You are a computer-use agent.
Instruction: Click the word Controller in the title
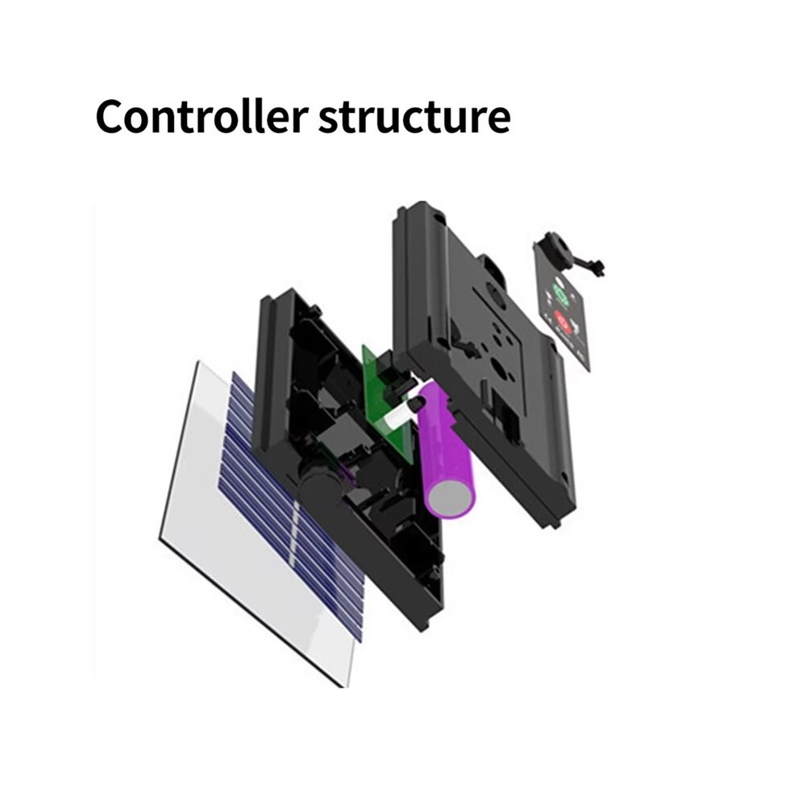pyautogui.click(x=202, y=117)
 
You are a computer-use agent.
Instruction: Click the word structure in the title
pyautogui.click(x=414, y=118)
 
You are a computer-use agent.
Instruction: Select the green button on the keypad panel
pyautogui.click(x=561, y=294)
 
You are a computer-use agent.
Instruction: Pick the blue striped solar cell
pyautogui.click(x=290, y=506)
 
